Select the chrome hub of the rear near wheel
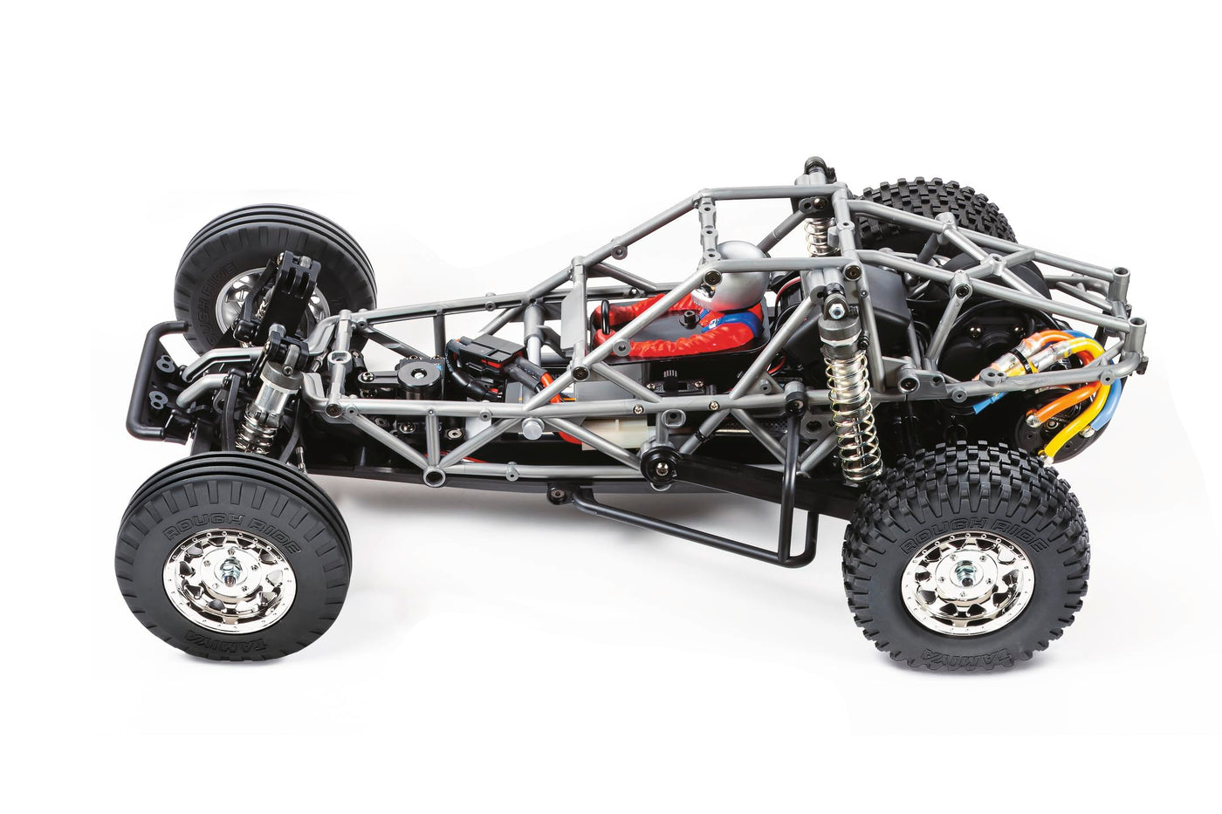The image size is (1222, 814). pyautogui.click(x=966, y=583)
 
